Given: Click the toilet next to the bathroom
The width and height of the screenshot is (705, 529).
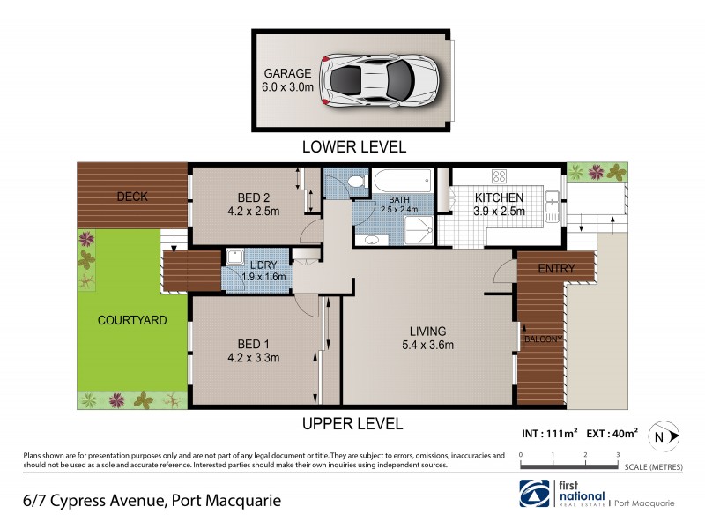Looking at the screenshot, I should pyautogui.click(x=355, y=182).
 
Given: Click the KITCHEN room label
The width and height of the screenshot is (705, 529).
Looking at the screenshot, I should pyautogui.click(x=500, y=197).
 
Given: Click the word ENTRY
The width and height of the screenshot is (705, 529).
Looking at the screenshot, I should pyautogui.click(x=555, y=269).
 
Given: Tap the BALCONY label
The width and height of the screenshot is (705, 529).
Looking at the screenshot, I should pyautogui.click(x=542, y=339).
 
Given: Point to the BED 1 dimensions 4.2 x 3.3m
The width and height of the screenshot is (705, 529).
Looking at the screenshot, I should pyautogui.click(x=253, y=358).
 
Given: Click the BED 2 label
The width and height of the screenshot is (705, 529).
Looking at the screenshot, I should pyautogui.click(x=252, y=197).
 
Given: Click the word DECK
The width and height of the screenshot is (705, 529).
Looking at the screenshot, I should pyautogui.click(x=132, y=197).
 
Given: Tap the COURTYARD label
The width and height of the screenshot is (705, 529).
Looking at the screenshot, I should pyautogui.click(x=133, y=320).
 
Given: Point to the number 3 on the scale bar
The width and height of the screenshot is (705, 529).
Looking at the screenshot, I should pyautogui.click(x=618, y=455).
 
